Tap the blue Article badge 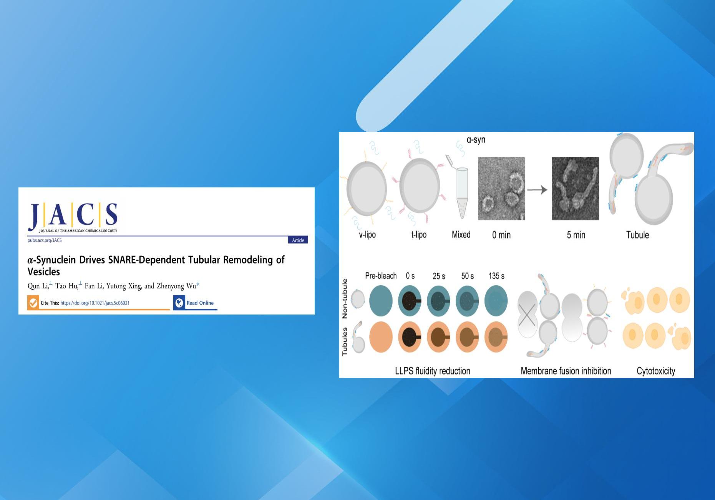(x=298, y=240)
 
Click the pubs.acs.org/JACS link (x=45, y=240)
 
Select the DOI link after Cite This (x=95, y=303)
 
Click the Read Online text (x=200, y=303)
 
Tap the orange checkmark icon (x=33, y=303)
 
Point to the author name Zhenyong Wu (x=176, y=286)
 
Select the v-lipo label (x=367, y=234)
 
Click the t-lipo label (x=419, y=234)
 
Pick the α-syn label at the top (x=476, y=140)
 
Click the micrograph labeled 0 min (x=501, y=188)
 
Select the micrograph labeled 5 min (x=575, y=188)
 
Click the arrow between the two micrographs (x=537, y=190)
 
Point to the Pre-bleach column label (x=381, y=276)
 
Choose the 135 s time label (x=496, y=276)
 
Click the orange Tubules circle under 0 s (x=410, y=337)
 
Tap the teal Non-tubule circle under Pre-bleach (x=381, y=301)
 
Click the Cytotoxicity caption (x=656, y=371)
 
